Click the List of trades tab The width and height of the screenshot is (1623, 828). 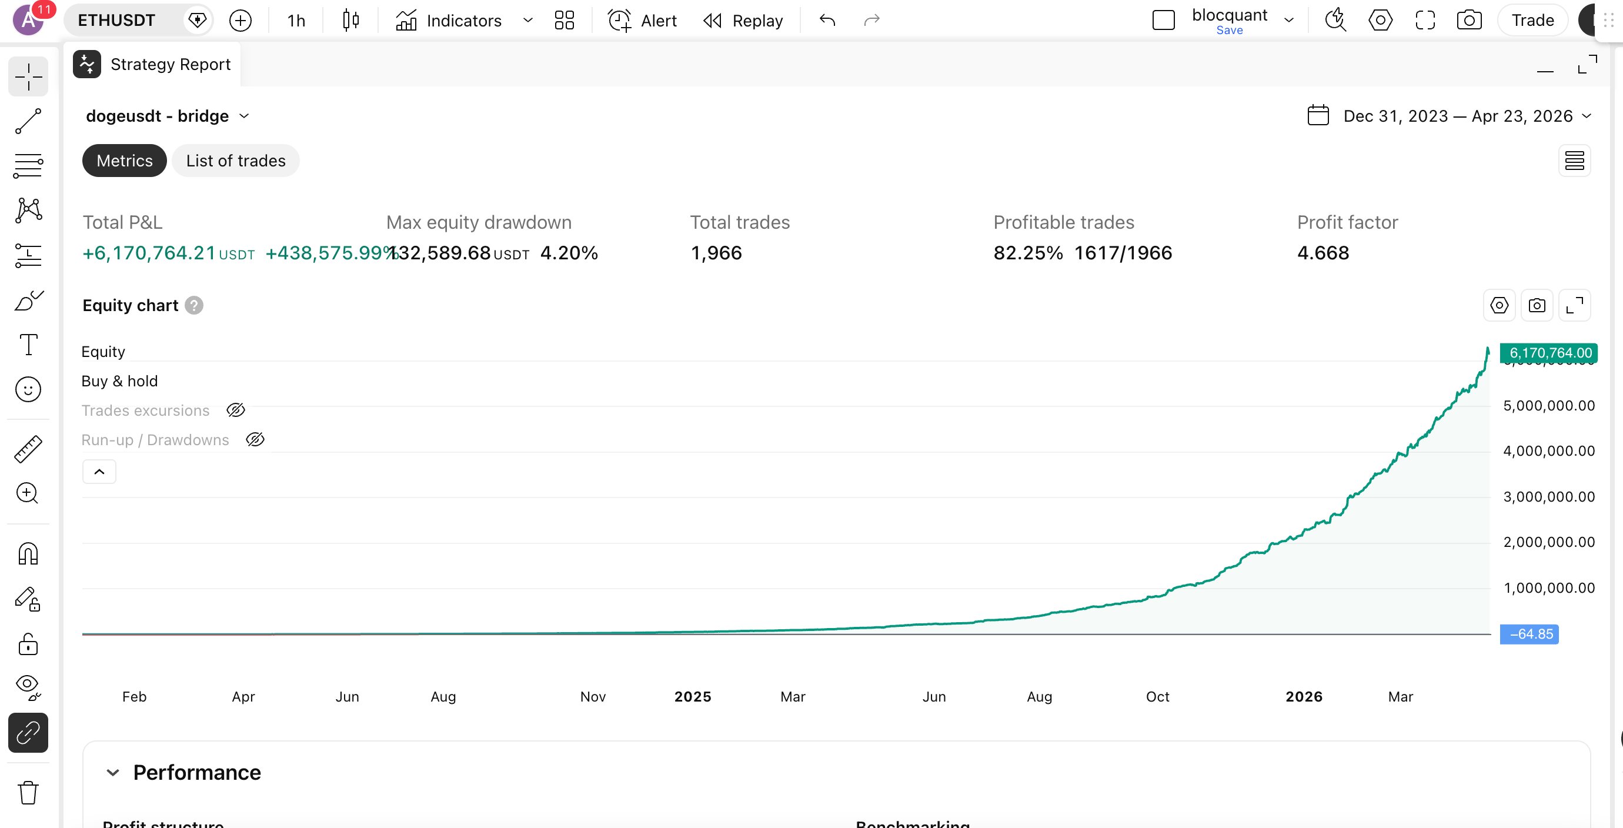(x=236, y=161)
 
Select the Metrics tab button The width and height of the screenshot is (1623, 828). (x=124, y=161)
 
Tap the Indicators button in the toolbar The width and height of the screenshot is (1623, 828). (x=449, y=21)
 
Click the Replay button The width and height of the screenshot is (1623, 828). (x=743, y=21)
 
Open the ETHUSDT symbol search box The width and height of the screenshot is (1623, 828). (x=117, y=20)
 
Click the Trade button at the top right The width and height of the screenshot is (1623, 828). (x=1532, y=20)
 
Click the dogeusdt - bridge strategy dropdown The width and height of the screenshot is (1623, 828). (x=167, y=116)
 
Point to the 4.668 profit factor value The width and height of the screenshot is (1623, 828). (x=1323, y=253)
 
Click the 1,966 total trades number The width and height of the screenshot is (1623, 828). (x=716, y=253)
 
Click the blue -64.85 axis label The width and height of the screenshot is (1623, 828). (x=1530, y=634)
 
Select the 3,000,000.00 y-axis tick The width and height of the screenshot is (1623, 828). (x=1549, y=496)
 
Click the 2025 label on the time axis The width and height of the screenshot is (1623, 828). (x=693, y=696)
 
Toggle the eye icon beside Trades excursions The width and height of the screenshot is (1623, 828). (x=236, y=410)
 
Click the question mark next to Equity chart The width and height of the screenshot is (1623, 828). (x=194, y=306)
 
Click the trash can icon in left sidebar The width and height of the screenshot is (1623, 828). (x=28, y=793)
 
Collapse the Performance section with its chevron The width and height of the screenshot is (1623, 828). (x=113, y=773)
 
